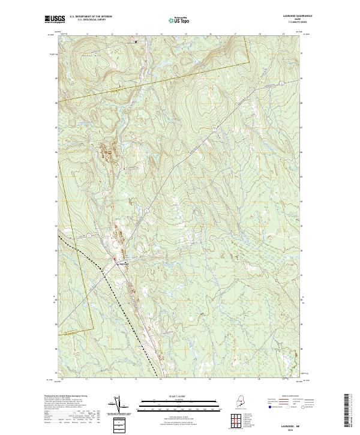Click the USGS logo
click(x=56, y=20)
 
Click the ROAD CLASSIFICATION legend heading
click(x=286, y=397)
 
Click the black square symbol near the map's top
click(x=136, y=41)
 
